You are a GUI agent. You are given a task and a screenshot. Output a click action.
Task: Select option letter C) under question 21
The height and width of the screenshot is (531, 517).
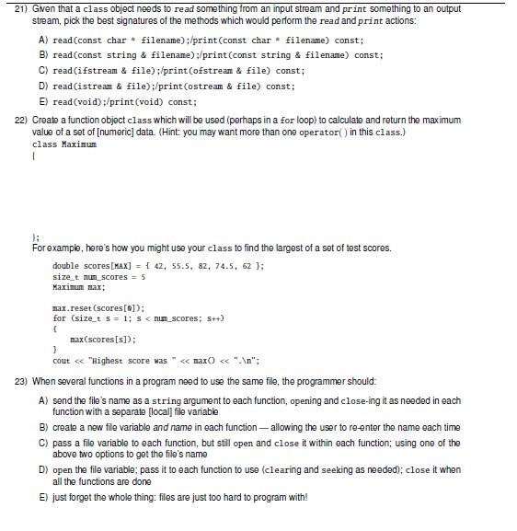(42, 70)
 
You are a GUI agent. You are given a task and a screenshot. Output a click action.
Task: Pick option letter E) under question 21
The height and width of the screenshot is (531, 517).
(42, 101)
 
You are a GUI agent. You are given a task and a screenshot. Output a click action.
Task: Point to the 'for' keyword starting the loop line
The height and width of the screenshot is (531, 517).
(60, 317)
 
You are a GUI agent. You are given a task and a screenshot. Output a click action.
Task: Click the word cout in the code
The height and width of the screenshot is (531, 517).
(63, 360)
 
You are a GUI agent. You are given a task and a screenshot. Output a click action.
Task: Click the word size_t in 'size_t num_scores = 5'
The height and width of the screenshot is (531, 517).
(65, 276)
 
